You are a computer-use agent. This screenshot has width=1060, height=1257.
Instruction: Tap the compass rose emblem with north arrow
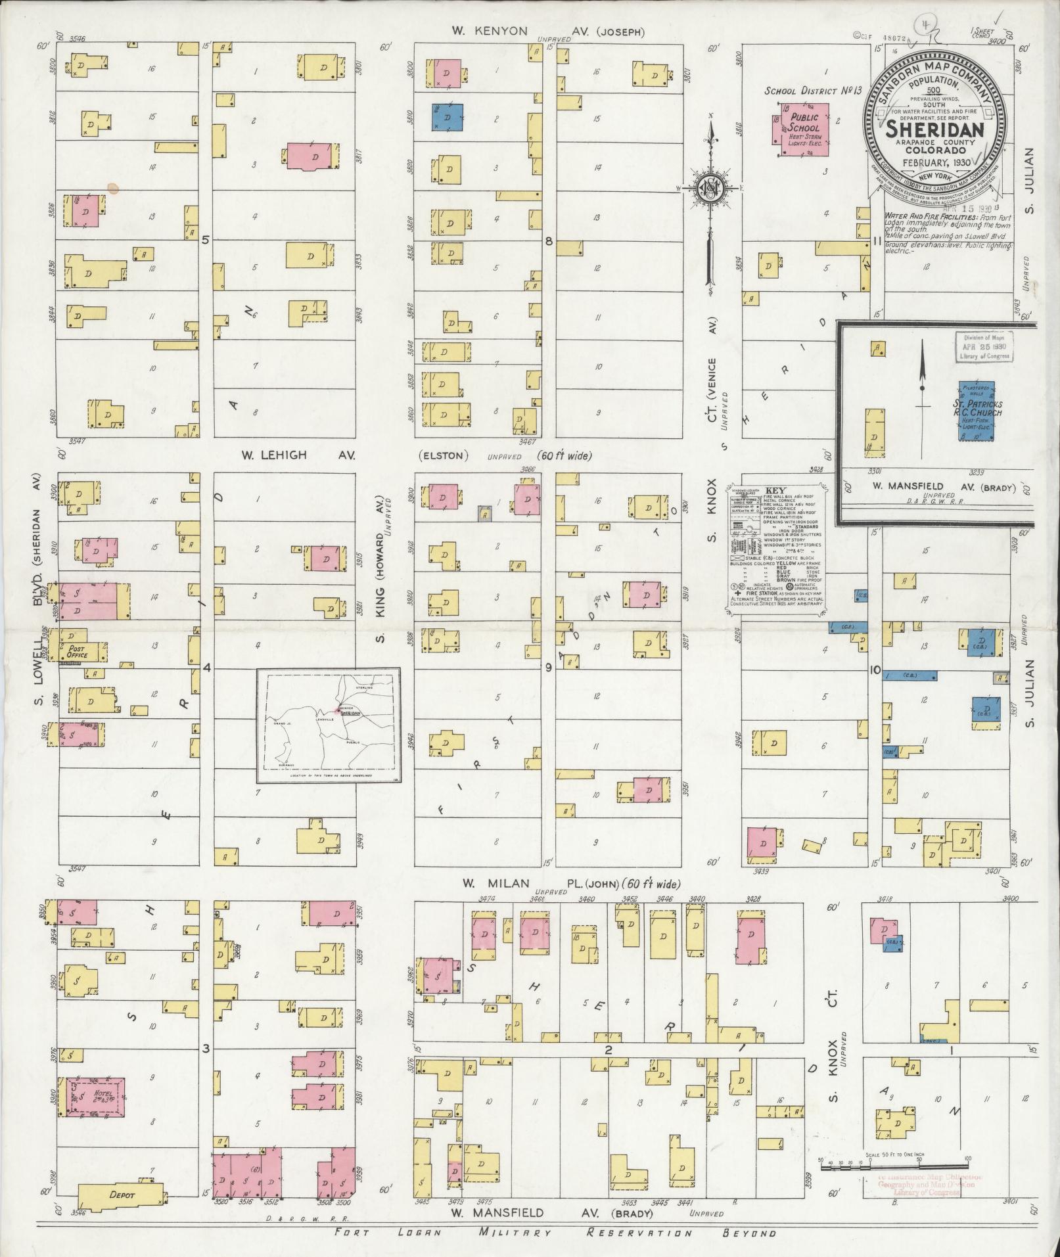709,187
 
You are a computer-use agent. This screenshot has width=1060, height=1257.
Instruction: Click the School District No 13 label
812,91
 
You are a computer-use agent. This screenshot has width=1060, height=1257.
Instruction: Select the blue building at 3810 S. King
447,118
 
